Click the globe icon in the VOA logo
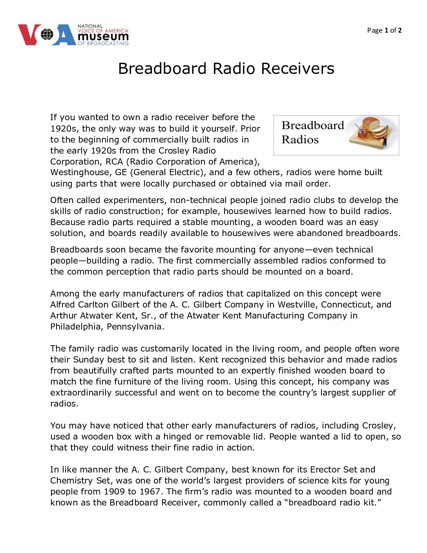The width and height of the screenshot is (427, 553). coord(47,35)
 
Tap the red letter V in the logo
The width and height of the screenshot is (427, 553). coord(29,35)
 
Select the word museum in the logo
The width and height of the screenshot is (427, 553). coord(103,37)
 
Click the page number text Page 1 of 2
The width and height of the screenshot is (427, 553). coord(384,30)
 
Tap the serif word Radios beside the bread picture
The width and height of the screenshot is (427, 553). coord(300,139)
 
